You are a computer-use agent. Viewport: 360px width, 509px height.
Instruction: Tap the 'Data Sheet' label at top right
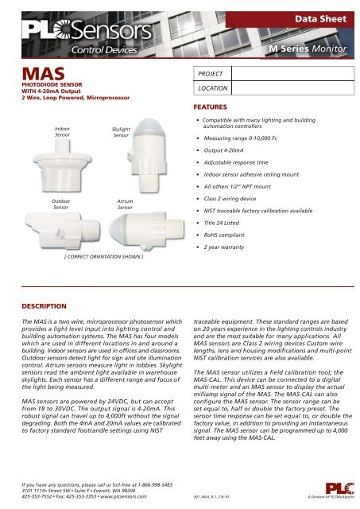click(x=321, y=17)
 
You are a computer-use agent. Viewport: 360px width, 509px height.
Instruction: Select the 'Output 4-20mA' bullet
click(x=230, y=149)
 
